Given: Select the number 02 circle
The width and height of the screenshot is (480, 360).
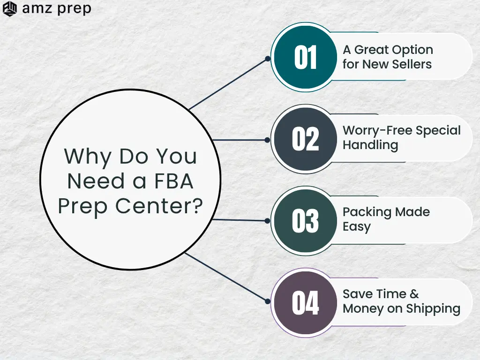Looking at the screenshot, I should [x=305, y=139].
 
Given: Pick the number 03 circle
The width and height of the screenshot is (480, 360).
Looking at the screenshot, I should [x=305, y=221].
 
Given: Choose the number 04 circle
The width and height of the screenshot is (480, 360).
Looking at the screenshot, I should [x=305, y=302].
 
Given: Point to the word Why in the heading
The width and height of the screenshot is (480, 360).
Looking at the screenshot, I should [x=88, y=157].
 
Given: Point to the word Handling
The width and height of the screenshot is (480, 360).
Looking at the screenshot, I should [x=370, y=145].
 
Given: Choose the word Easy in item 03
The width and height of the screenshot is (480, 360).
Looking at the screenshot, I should [x=357, y=227].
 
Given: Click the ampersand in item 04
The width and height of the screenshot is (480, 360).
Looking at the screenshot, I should [x=414, y=294].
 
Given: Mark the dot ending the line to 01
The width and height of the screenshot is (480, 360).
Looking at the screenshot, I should [x=268, y=59].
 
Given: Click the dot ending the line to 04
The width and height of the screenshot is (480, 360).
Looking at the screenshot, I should [x=268, y=301].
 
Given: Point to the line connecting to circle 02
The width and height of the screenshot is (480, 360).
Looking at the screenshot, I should [x=239, y=140].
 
